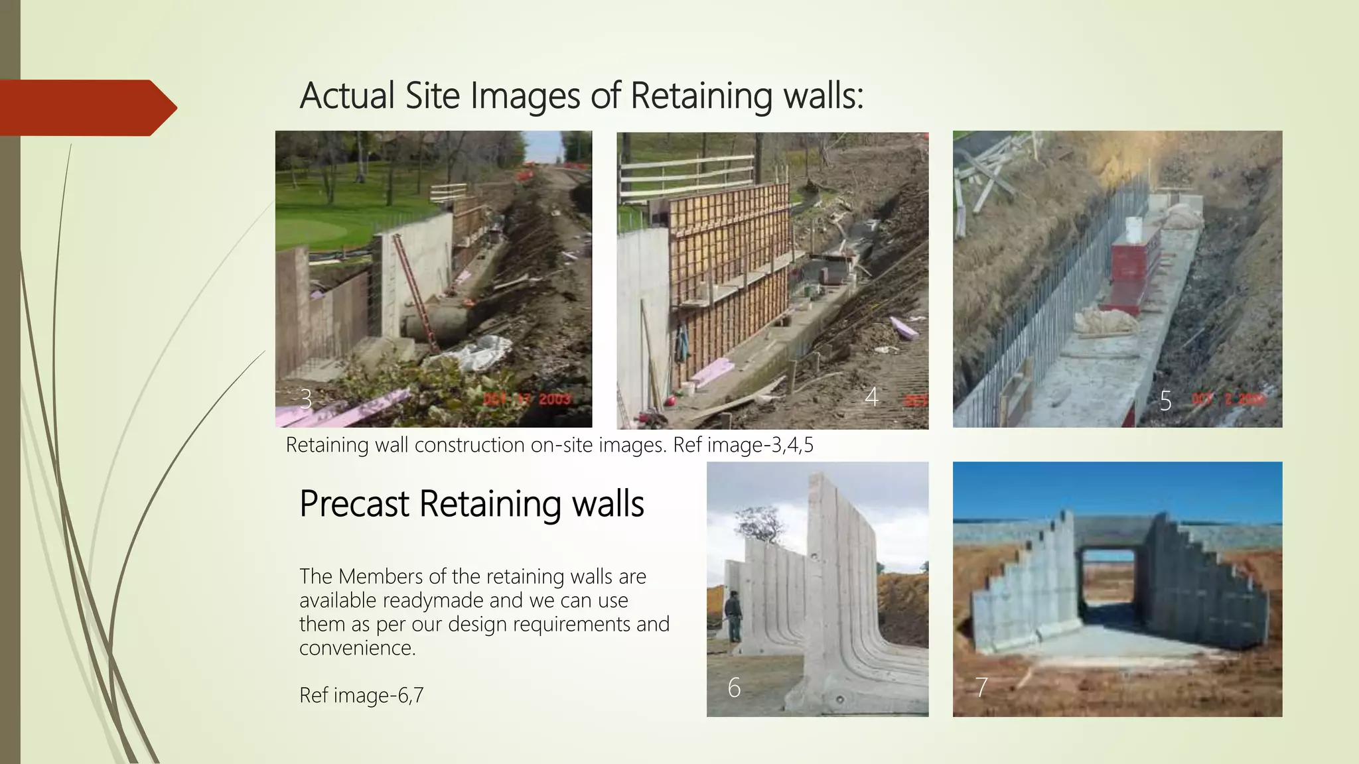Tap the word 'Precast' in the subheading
[x=354, y=503]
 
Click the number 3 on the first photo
[x=305, y=399]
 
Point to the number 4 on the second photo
[x=871, y=397]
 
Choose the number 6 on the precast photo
[x=733, y=688]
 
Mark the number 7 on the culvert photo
[x=981, y=687]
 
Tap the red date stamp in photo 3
[x=527, y=399]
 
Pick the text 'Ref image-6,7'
[x=361, y=695]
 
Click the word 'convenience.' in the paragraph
[x=357, y=648]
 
